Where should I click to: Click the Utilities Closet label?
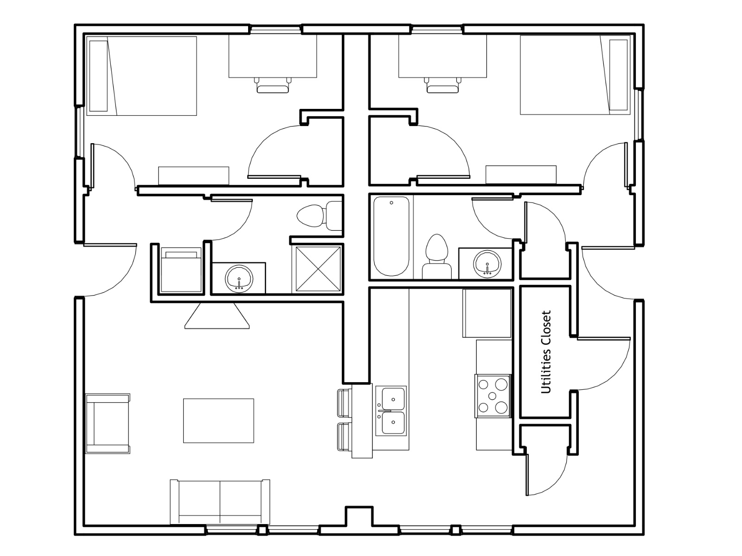point(546,352)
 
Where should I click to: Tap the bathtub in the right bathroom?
point(391,236)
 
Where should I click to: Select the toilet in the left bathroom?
point(320,216)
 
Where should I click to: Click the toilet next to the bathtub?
point(436,257)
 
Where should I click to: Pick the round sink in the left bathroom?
point(239,278)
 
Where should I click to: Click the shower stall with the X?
point(318,269)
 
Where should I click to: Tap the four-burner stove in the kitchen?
point(493,396)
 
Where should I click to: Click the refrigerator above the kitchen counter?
point(487,313)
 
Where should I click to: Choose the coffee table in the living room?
point(218,421)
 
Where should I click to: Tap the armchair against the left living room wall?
point(108,423)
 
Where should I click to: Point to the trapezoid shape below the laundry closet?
point(217,316)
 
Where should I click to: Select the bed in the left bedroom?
point(141,76)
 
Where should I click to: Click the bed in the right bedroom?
point(575,75)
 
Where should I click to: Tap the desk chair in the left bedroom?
point(273,85)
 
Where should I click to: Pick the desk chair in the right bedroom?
point(442,85)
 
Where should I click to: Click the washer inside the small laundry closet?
point(181,270)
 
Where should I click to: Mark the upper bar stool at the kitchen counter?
point(345,403)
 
